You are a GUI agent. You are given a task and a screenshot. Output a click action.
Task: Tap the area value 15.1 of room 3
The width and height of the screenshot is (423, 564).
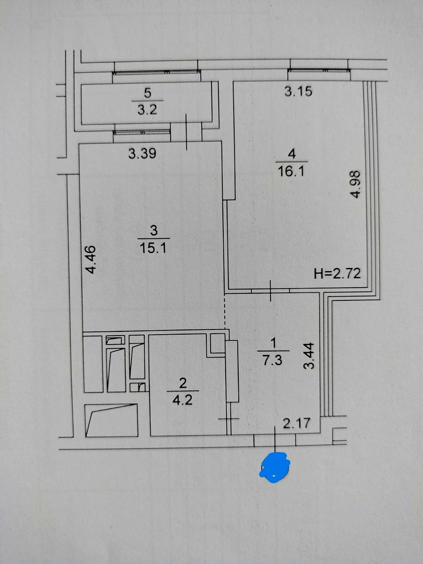click(x=153, y=248)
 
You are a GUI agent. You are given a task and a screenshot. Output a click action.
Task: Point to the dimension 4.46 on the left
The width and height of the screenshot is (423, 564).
click(x=91, y=260)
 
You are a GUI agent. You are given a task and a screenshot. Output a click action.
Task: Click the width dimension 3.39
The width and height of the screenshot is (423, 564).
click(x=142, y=154)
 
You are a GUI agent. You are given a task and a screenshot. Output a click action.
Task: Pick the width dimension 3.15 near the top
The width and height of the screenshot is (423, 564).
click(x=298, y=92)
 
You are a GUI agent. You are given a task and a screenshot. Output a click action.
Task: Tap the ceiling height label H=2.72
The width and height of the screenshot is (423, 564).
click(x=337, y=274)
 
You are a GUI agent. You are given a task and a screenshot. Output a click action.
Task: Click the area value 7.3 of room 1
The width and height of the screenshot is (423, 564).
click(x=272, y=360)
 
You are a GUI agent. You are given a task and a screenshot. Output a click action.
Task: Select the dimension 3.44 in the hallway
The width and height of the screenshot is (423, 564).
click(x=309, y=356)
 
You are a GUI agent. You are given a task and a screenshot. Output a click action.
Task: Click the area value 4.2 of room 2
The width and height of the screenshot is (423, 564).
click(x=182, y=400)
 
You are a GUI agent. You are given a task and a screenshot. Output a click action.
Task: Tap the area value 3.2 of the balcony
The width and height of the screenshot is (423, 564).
click(x=147, y=110)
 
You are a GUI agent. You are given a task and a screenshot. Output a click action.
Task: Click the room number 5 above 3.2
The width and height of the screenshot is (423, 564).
click(x=148, y=93)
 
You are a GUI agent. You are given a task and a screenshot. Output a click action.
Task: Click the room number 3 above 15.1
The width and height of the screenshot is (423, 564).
click(x=154, y=230)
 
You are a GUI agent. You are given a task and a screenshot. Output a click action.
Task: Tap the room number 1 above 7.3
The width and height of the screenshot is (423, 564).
click(x=273, y=343)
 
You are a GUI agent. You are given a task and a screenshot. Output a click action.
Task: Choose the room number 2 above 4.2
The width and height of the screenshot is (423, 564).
click(x=183, y=383)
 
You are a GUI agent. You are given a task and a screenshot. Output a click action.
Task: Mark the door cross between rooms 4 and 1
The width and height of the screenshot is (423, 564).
click(x=270, y=290)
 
